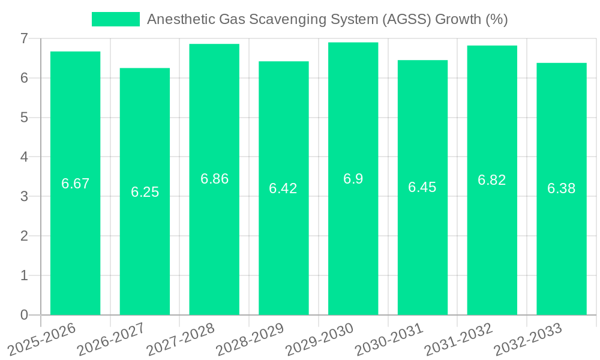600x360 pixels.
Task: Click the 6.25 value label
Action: click(x=145, y=192)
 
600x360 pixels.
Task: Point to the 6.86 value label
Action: click(x=214, y=179)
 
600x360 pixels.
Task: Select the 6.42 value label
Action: click(x=283, y=188)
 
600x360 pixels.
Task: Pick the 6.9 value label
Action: click(x=353, y=179)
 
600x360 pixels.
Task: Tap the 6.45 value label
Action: click(x=422, y=187)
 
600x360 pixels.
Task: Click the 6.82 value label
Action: click(x=491, y=180)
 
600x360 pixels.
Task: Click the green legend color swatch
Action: click(x=115, y=19)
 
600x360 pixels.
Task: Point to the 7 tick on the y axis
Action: click(x=24, y=38)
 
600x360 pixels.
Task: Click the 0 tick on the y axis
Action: click(x=24, y=315)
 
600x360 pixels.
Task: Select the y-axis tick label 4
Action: click(x=24, y=157)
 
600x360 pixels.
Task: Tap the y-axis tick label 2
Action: click(x=24, y=236)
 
